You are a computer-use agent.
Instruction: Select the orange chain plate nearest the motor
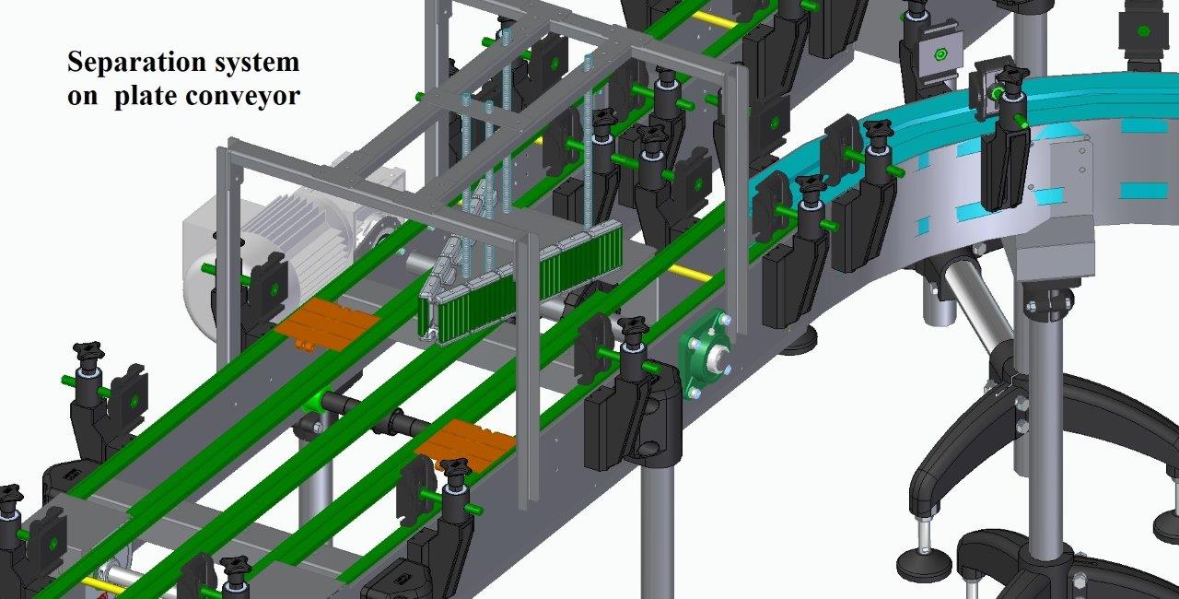(327, 323)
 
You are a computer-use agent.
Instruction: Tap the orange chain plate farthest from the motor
(465, 444)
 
